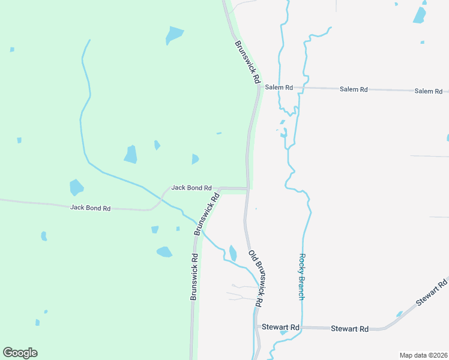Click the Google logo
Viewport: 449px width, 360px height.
coord(20,353)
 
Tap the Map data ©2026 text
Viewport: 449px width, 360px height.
coord(423,355)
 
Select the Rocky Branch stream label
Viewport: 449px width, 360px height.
coord(302,277)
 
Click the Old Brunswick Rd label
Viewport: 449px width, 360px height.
coord(256,278)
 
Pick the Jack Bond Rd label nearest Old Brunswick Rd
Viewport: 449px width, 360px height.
coord(191,187)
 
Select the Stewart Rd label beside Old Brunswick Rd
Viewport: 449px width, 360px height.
coord(280,327)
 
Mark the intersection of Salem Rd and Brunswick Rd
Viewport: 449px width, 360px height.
coord(259,87)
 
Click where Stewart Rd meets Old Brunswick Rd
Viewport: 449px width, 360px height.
coord(255,327)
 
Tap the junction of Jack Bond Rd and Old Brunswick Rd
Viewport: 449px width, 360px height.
coord(247,188)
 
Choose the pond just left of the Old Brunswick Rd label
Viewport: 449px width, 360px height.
coord(233,253)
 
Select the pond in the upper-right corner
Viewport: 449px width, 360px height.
coord(420,14)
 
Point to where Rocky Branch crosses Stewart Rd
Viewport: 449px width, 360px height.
coord(302,328)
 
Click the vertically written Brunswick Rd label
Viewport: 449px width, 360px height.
coord(194,276)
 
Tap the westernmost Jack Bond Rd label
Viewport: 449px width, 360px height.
coord(91,208)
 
